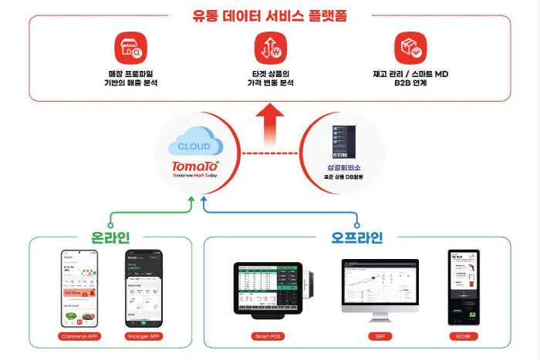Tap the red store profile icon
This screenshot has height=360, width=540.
tap(128, 48)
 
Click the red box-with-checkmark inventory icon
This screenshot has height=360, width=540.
tap(408, 48)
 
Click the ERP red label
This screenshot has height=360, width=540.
tap(380, 337)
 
